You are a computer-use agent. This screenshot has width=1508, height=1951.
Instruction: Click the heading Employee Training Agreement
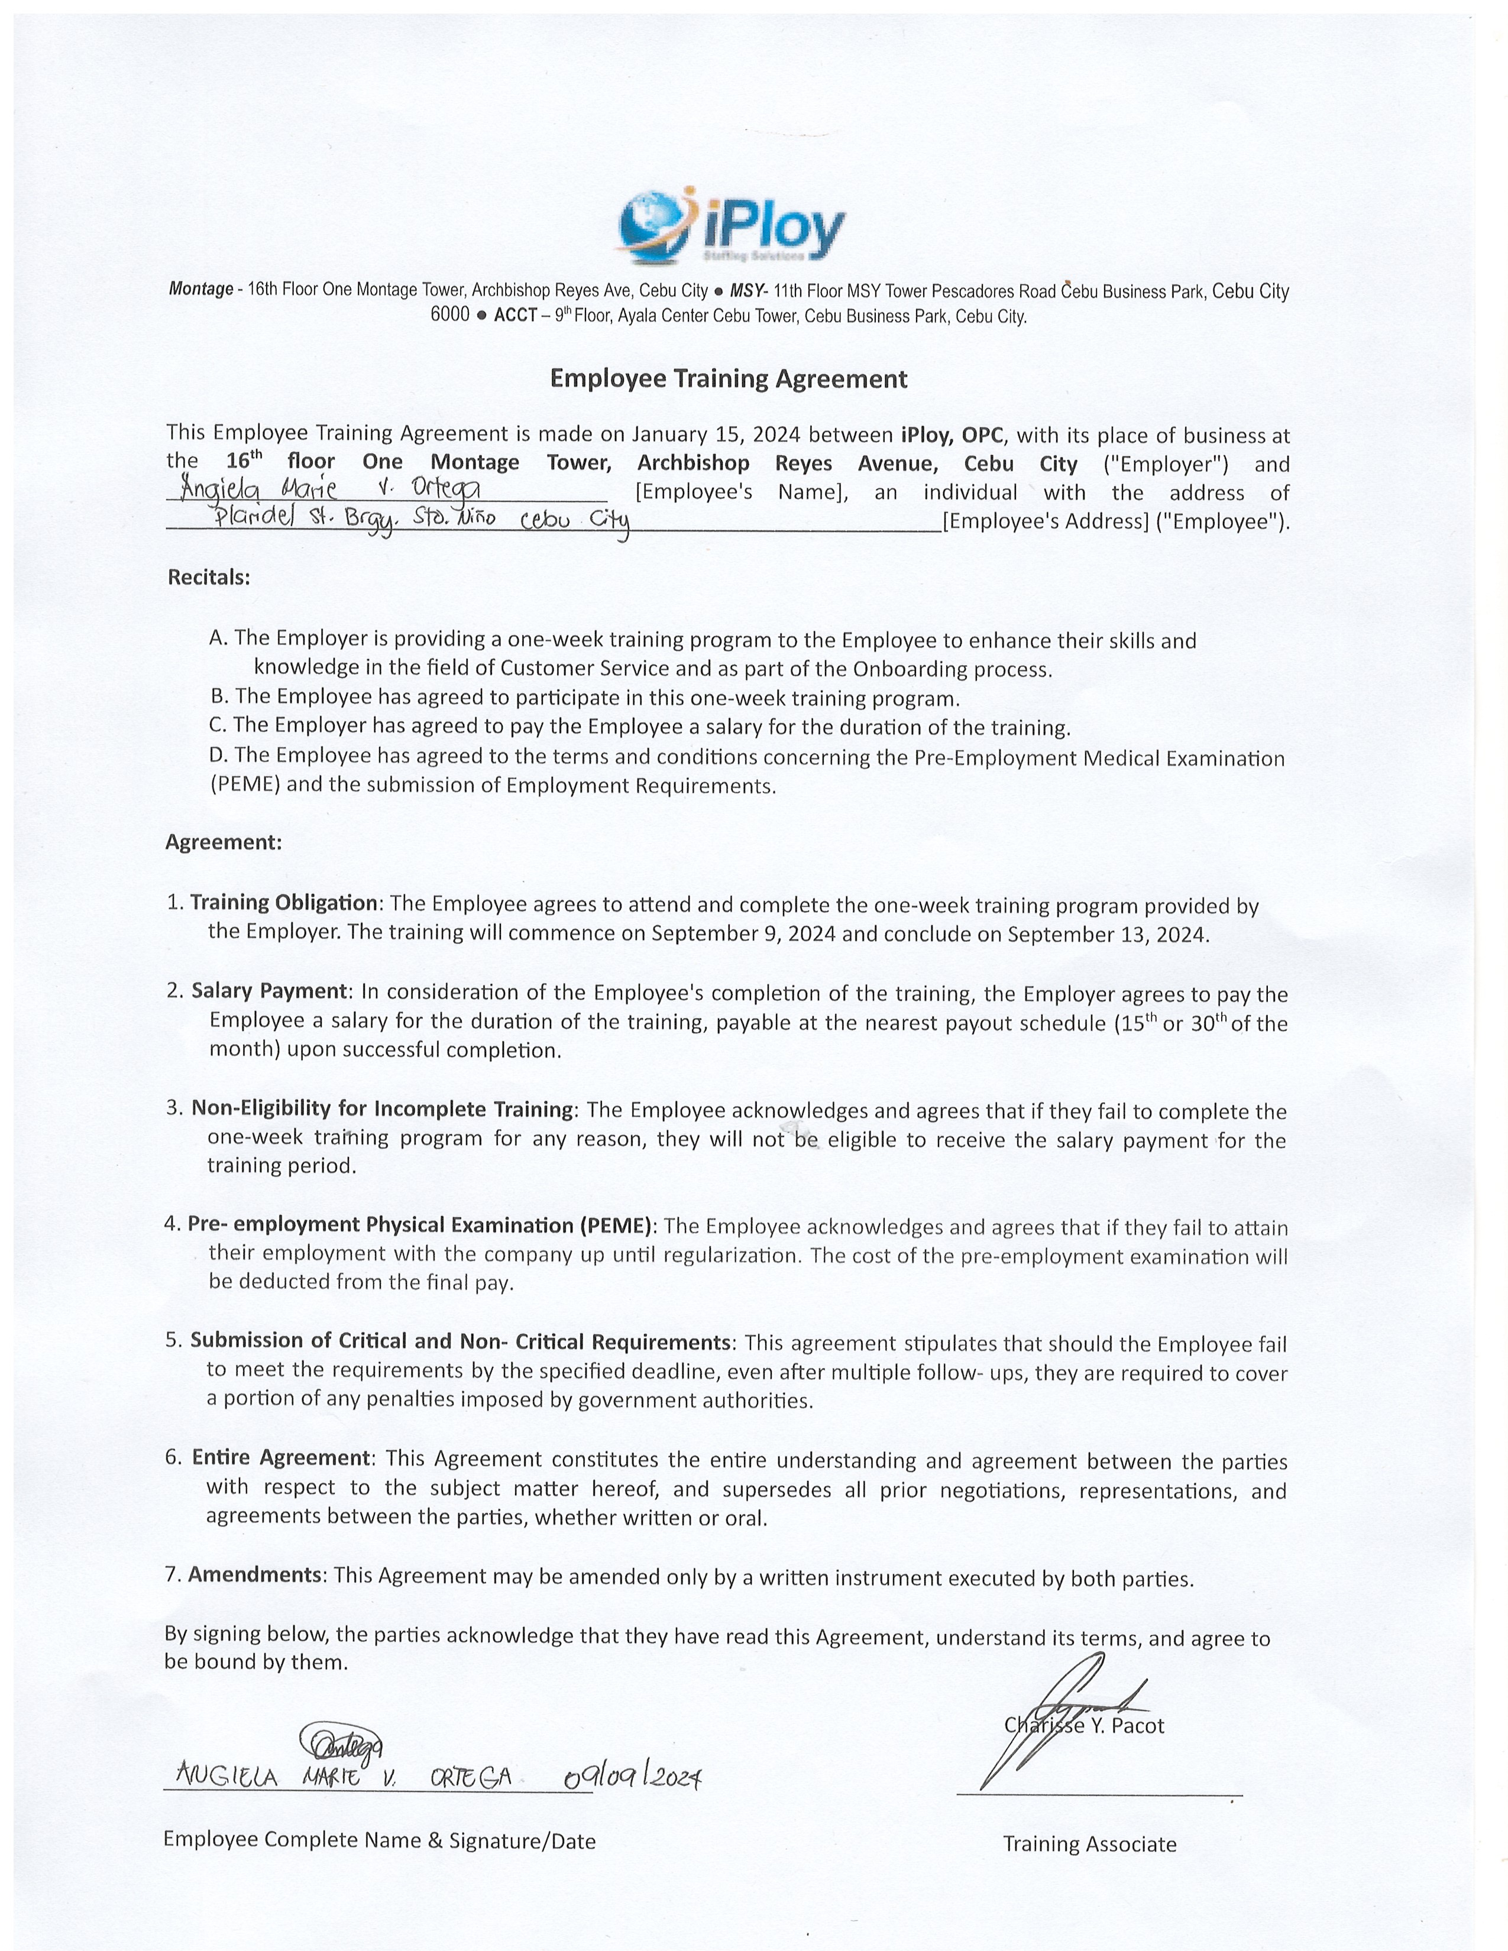(x=728, y=379)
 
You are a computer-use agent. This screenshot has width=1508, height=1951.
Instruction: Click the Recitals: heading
(x=209, y=577)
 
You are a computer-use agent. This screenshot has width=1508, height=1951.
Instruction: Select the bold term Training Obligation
(x=284, y=903)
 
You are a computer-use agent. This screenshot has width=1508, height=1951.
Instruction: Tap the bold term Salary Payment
(x=269, y=991)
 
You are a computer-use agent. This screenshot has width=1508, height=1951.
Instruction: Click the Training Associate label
(x=1089, y=1844)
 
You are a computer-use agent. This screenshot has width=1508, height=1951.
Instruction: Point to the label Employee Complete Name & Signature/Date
(x=379, y=1840)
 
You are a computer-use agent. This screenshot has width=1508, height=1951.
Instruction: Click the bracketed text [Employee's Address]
(x=1045, y=521)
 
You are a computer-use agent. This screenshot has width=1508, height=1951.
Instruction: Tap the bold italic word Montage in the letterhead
(x=201, y=290)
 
